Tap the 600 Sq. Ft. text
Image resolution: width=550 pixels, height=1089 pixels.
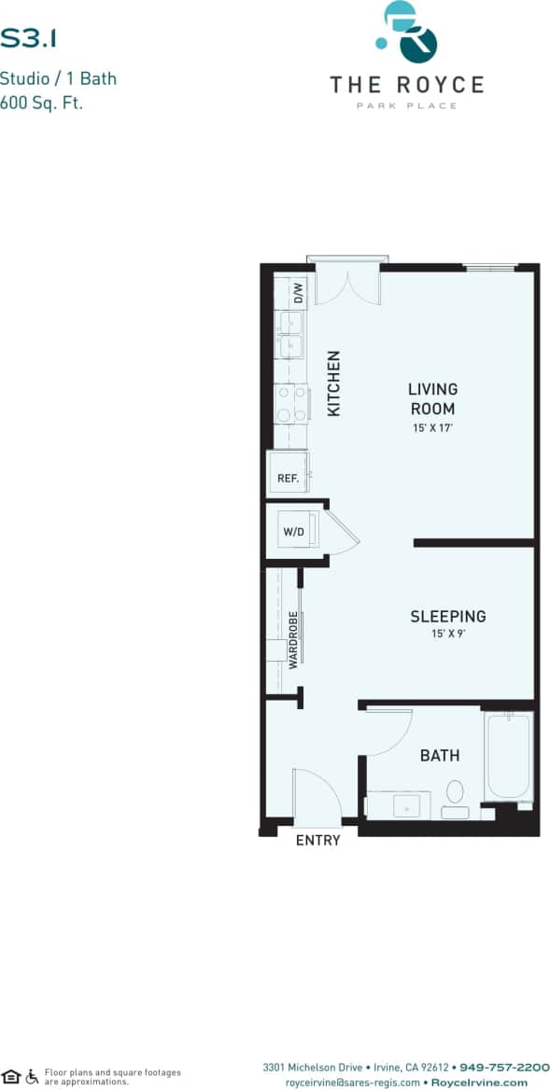click(x=42, y=103)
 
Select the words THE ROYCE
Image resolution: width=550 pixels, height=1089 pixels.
click(x=406, y=85)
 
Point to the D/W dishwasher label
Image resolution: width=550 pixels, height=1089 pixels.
click(x=299, y=293)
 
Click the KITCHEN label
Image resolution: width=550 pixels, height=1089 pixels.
click(x=333, y=383)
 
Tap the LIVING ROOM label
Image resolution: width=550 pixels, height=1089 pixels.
click(x=432, y=398)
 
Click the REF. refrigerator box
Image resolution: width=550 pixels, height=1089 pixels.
click(x=288, y=478)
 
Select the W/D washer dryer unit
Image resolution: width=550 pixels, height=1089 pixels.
click(x=293, y=532)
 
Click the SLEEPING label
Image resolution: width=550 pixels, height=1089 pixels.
click(x=448, y=616)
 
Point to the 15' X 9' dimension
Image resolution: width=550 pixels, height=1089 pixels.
click(x=448, y=635)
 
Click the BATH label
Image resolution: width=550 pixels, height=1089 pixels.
click(x=439, y=755)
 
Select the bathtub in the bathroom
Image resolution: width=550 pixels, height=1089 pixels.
click(x=508, y=756)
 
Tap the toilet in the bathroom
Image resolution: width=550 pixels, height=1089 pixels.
click(x=455, y=794)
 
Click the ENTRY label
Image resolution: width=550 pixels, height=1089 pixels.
click(x=317, y=840)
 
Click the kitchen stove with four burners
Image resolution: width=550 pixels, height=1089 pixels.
click(x=290, y=403)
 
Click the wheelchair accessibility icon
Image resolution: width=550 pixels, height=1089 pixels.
click(x=33, y=1076)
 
